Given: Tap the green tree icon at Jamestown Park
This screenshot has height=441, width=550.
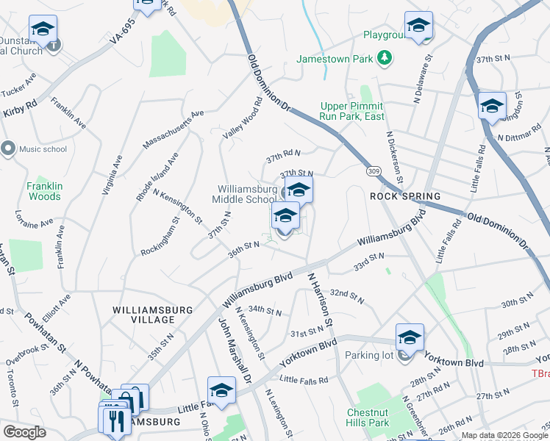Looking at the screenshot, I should pyautogui.click(x=383, y=57).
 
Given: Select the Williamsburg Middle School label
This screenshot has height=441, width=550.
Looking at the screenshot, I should pyautogui.click(x=244, y=194).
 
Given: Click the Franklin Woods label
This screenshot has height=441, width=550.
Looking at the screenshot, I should pyautogui.click(x=45, y=191).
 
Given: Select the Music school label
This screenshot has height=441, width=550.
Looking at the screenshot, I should pyautogui.click(x=43, y=149).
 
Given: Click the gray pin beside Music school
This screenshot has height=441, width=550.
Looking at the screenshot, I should pyautogui.click(x=8, y=148).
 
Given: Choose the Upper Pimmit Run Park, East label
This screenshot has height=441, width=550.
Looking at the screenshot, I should pyautogui.click(x=352, y=111).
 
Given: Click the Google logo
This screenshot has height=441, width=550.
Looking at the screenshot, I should pyautogui.click(x=24, y=432).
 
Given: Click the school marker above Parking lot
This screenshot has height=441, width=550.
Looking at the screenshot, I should pyautogui.click(x=410, y=337).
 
